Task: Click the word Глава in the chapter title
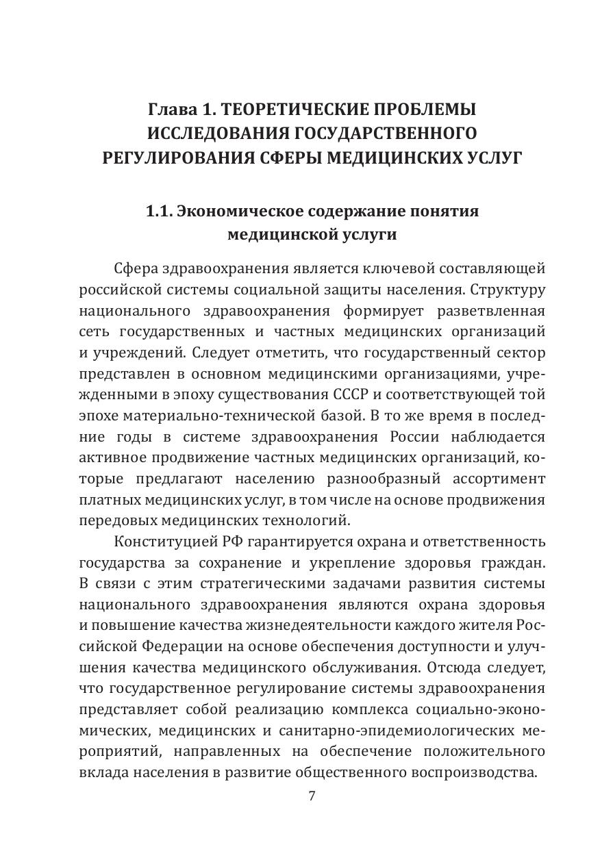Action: tap(168, 110)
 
